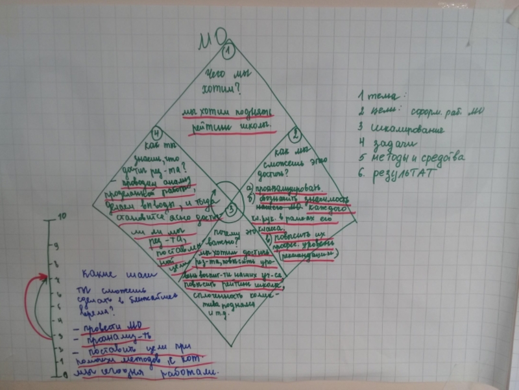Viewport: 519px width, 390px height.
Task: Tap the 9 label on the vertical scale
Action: tap(56, 245)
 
